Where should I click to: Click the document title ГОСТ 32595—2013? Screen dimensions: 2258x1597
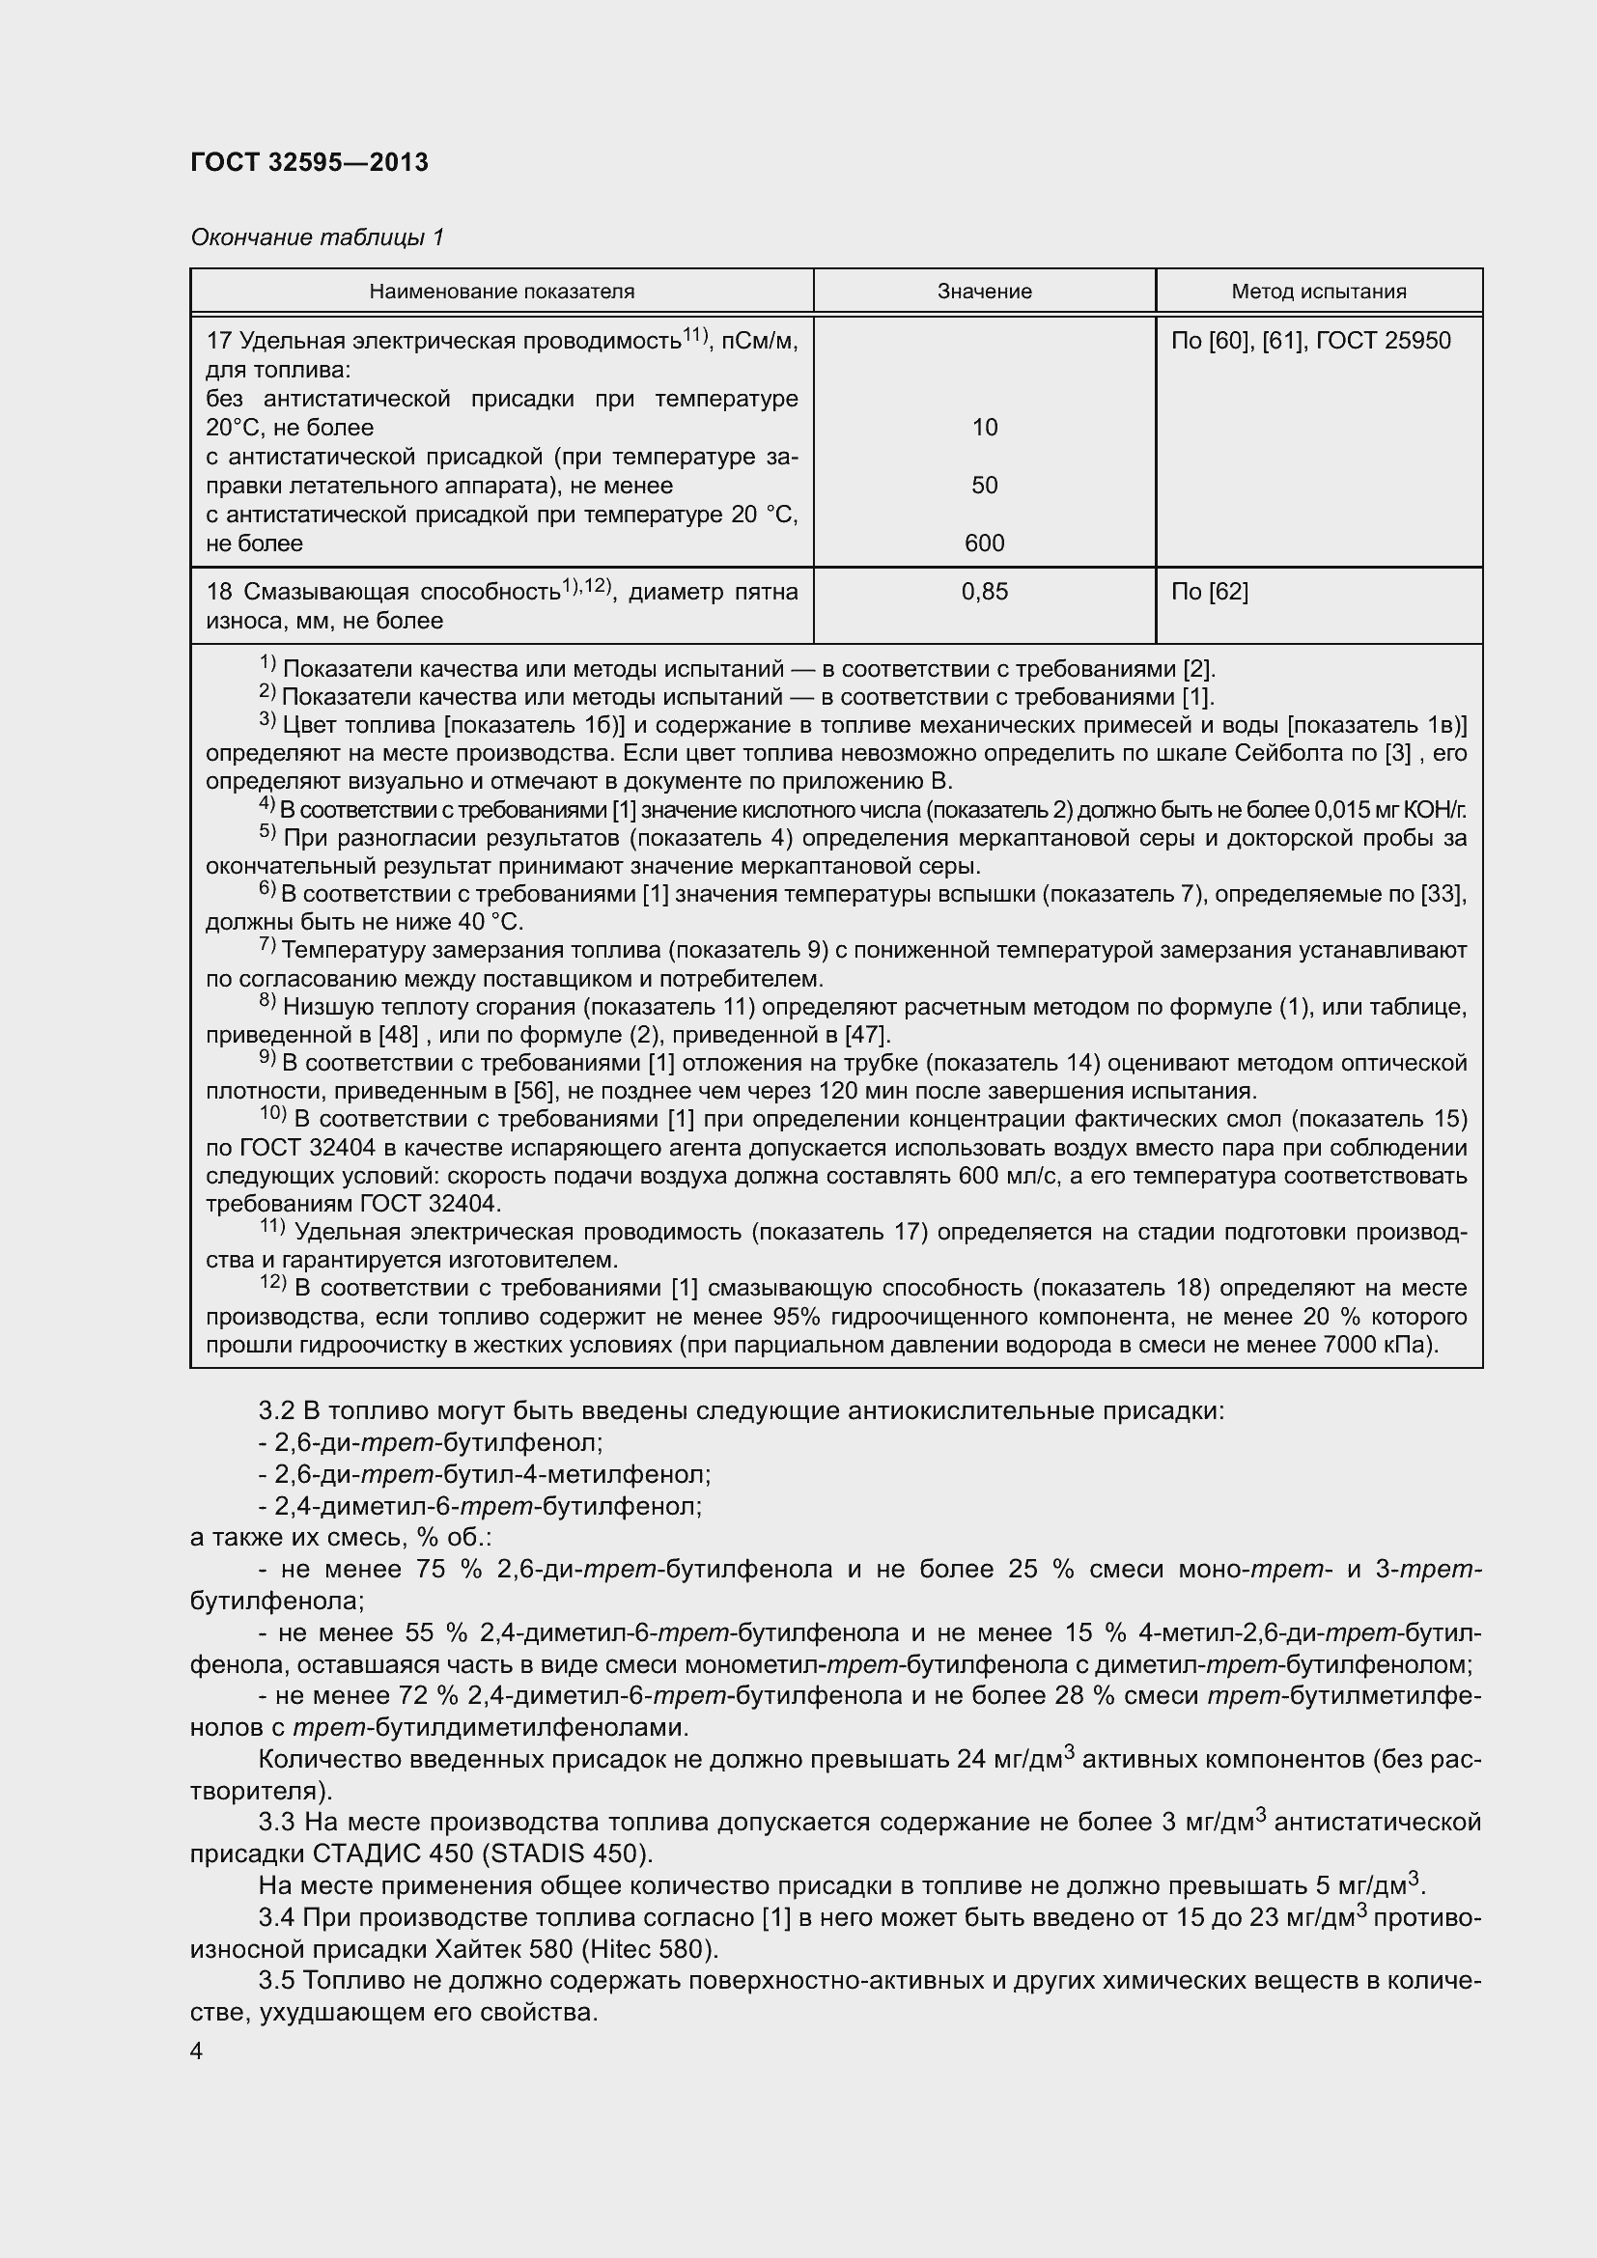(309, 162)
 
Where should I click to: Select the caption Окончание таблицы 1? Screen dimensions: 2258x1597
(317, 237)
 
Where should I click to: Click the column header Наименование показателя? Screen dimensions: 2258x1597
(501, 292)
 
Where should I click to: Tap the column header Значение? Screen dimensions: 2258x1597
(984, 292)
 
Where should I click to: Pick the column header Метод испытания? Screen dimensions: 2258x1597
(1319, 292)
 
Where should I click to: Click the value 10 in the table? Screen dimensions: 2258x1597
(984, 428)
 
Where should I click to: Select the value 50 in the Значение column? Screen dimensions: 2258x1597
(984, 486)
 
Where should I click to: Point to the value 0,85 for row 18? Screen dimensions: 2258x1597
(984, 592)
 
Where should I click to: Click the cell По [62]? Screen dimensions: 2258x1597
(1210, 592)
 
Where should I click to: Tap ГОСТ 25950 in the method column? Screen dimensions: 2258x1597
(1383, 341)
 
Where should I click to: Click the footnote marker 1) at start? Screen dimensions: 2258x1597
(267, 665)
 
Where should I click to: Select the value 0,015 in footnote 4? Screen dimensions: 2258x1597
(1344, 810)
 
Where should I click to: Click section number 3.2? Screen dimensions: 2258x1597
(276, 1411)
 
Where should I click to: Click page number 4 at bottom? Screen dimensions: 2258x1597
(197, 2051)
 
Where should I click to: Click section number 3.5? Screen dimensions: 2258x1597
(276, 1981)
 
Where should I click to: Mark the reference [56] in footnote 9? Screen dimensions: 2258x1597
(533, 1091)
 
